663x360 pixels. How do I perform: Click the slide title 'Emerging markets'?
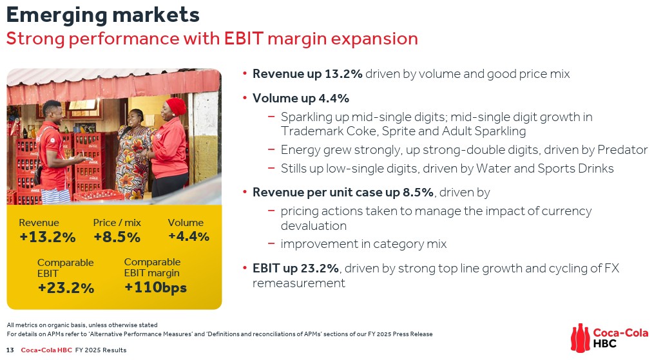[x=102, y=14]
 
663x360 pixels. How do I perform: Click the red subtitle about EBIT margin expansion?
[x=212, y=39]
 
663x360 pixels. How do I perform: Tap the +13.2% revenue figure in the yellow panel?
[x=48, y=237]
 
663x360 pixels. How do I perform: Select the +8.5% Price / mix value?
[x=117, y=237]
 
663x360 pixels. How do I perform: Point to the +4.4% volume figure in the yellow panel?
[x=188, y=236]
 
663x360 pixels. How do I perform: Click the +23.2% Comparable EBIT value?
[x=66, y=288]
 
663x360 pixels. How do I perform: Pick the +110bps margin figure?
[x=155, y=287]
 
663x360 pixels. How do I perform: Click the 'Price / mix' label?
[x=117, y=223]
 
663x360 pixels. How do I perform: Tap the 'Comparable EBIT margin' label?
[x=152, y=268]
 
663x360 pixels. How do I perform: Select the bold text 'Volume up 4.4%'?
[x=300, y=99]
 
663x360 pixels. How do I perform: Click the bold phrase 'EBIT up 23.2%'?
[x=295, y=268]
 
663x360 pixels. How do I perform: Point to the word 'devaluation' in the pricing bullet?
[x=313, y=225]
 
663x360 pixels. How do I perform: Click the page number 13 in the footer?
[x=10, y=350]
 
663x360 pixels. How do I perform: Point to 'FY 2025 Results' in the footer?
[x=101, y=350]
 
